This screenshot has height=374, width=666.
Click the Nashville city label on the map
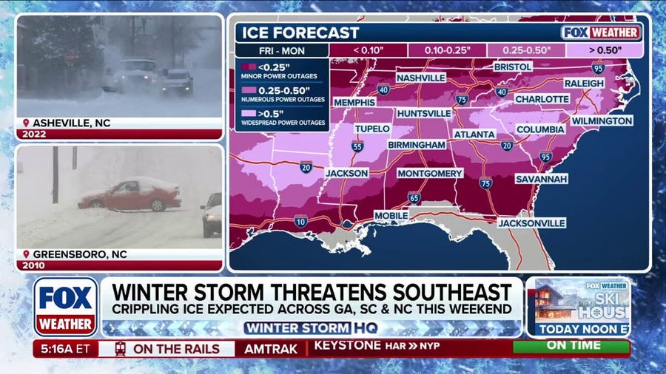(420, 78)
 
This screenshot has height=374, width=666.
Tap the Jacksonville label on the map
(531, 222)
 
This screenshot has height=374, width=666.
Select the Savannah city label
(542, 179)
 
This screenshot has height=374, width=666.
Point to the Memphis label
(354, 102)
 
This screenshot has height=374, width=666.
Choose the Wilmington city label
(602, 120)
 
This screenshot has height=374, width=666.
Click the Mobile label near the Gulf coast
(390, 215)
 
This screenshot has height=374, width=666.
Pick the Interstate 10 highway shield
(300, 221)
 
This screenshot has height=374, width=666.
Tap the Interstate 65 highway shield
(414, 198)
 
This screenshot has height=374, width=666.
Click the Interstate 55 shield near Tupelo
(357, 146)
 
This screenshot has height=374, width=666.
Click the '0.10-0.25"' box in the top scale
(446, 50)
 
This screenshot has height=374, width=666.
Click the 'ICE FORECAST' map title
(300, 33)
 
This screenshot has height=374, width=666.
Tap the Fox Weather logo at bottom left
(65, 306)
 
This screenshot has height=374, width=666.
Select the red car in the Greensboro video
(130, 195)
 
